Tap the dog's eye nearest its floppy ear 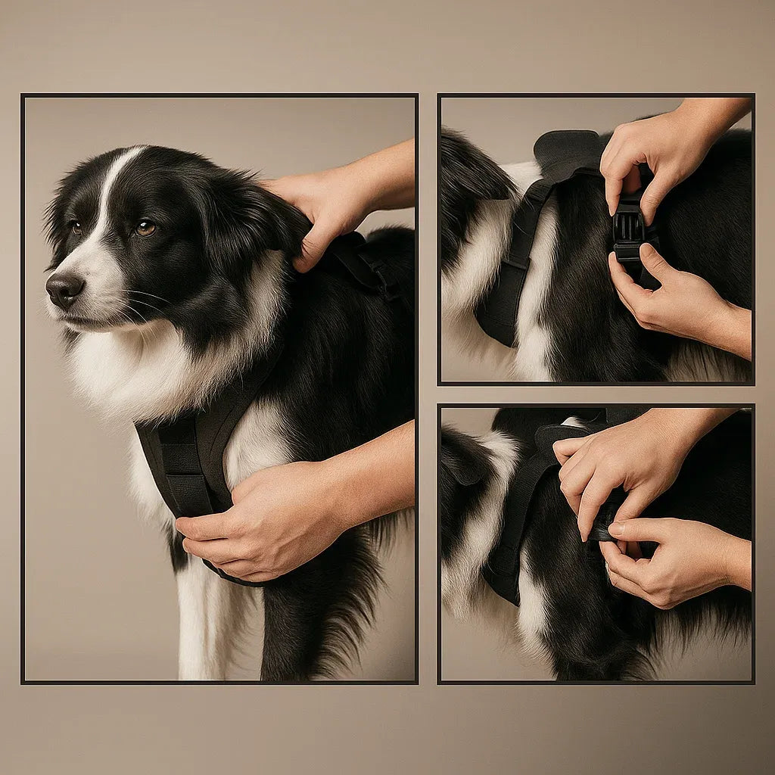point(145,228)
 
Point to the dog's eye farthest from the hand point(75,225)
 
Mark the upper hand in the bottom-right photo point(621,469)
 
